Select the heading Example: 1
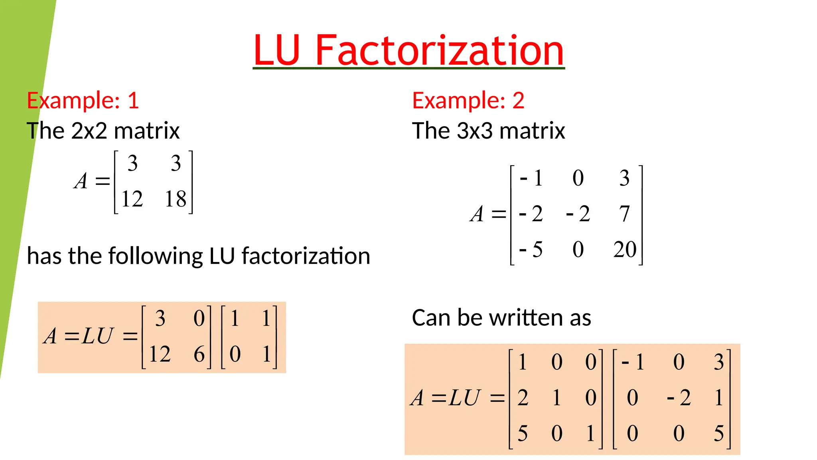click(x=83, y=100)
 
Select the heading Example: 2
click(x=468, y=100)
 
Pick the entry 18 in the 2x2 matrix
click(x=176, y=199)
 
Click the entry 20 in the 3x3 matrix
click(x=625, y=250)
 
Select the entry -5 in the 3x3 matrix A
click(x=531, y=250)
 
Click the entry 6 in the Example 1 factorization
click(x=199, y=354)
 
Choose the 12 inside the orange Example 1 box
click(x=160, y=354)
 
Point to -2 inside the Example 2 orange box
click(x=679, y=398)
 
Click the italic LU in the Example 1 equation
click(x=97, y=336)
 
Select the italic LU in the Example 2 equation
click(x=464, y=398)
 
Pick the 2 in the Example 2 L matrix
click(x=523, y=398)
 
